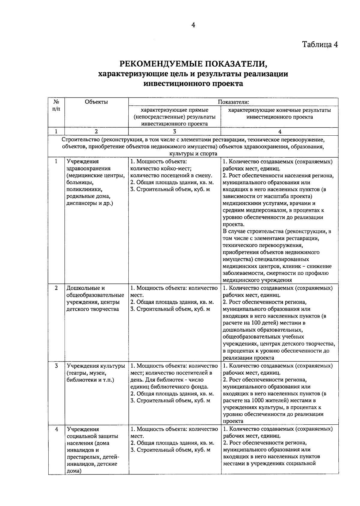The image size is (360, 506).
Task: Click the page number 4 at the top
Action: coord(193,25)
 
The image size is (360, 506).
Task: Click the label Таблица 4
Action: coord(320,44)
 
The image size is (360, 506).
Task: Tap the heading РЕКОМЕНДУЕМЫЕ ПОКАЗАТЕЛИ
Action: coord(193,63)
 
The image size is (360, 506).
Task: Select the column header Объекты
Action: coord(96,102)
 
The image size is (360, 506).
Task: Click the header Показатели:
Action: coord(234,102)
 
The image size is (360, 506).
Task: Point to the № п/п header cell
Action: coord(56,105)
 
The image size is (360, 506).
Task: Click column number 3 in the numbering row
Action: coord(175,131)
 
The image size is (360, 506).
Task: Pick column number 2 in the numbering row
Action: coord(96,131)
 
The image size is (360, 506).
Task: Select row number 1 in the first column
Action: coord(56,161)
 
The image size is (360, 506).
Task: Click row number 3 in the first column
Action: coord(56,366)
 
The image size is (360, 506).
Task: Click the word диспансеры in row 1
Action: coord(80,203)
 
